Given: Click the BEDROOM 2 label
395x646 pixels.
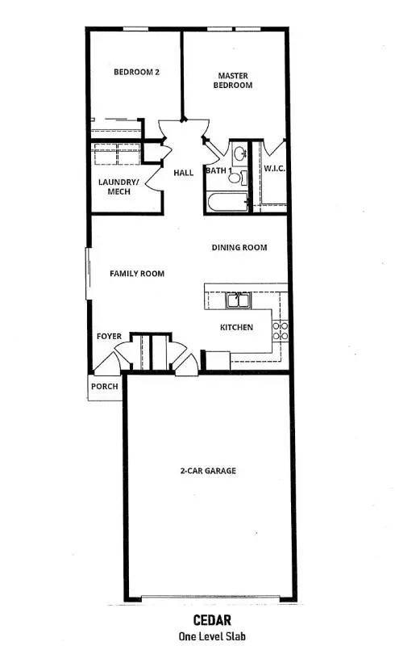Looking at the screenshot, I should coord(136,72).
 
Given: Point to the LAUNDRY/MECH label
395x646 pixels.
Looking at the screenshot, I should coord(118,187).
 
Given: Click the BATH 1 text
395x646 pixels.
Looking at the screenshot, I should coord(216,170).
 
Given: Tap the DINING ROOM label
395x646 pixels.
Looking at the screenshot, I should coord(239,248).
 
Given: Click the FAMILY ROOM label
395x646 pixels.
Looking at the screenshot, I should coord(137,274).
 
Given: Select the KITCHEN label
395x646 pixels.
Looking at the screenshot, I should coord(237,327).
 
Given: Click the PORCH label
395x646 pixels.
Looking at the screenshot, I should coord(105,387).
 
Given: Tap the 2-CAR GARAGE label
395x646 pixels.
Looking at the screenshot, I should coord(207,471).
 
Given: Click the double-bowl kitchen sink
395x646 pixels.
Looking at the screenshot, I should coord(237,302).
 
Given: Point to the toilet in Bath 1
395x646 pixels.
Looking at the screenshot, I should coord(235,175).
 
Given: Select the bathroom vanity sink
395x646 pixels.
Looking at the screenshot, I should coord(239,152).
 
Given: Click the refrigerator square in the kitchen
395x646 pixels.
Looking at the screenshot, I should coord(217,360).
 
